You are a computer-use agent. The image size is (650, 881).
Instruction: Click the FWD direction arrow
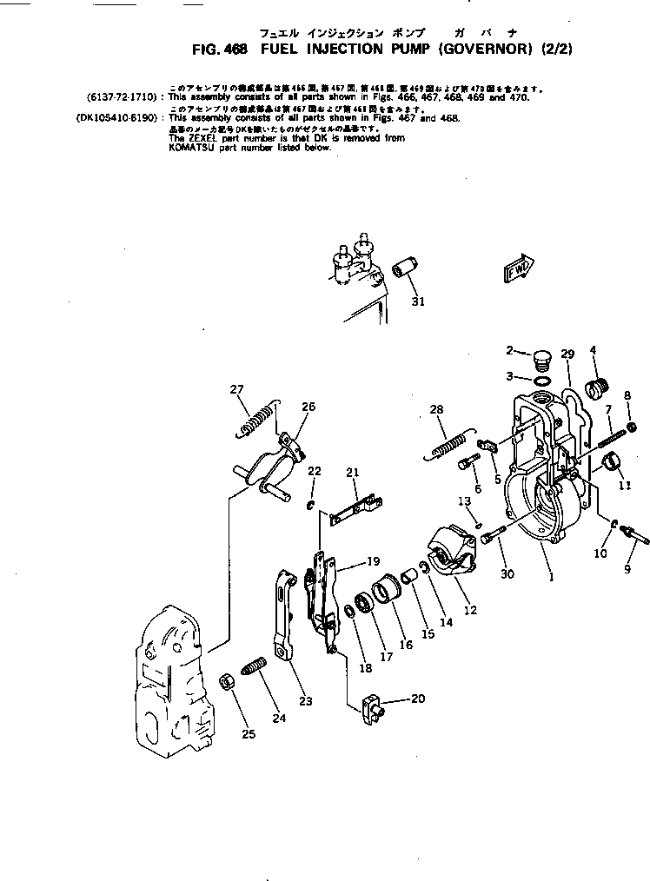coord(521,268)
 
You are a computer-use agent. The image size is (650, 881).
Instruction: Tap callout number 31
coord(418,301)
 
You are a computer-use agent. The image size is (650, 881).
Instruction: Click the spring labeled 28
coord(449,443)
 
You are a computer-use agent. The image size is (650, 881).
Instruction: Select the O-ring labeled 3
coord(541,380)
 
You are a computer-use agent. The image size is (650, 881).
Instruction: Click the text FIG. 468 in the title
coord(220,50)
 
